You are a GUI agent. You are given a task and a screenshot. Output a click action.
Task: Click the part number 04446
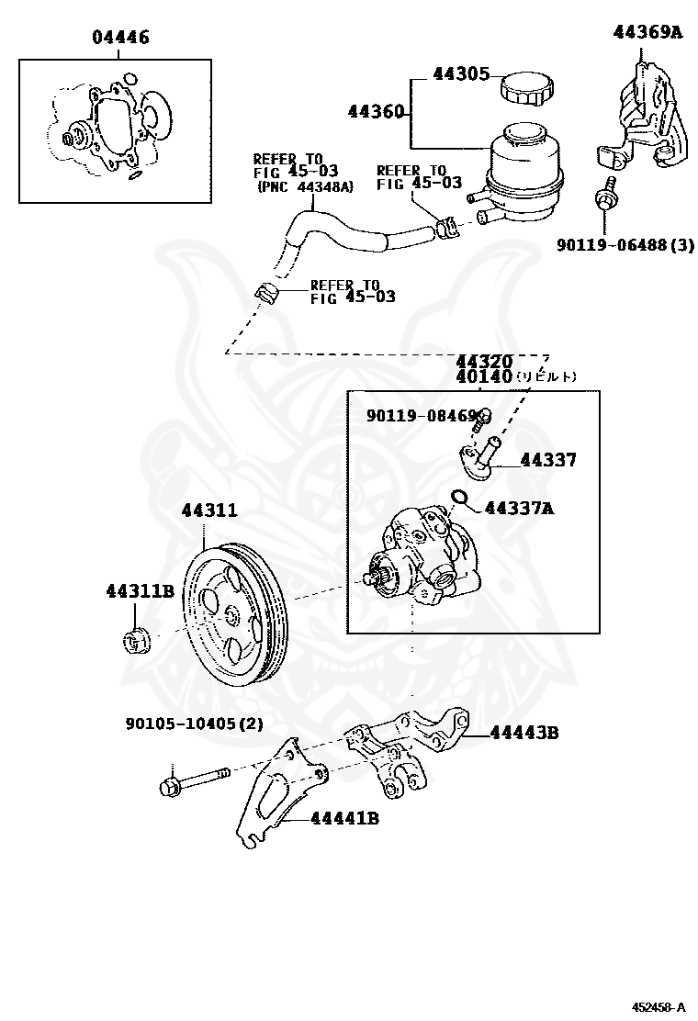click(120, 38)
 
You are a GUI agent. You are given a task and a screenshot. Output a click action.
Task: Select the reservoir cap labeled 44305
click(526, 88)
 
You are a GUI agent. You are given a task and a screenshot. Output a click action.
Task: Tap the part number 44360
click(376, 112)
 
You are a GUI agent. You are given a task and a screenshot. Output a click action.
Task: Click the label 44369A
click(648, 32)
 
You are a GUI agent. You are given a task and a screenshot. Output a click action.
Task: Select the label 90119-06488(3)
click(625, 245)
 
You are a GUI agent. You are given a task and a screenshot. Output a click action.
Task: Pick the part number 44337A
click(522, 507)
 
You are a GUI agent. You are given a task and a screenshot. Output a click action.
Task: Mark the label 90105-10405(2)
click(194, 724)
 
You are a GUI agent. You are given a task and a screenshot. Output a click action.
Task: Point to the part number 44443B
click(524, 733)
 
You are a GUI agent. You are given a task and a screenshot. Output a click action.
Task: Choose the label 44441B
click(344, 818)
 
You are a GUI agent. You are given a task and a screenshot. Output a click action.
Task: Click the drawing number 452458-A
click(658, 1006)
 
